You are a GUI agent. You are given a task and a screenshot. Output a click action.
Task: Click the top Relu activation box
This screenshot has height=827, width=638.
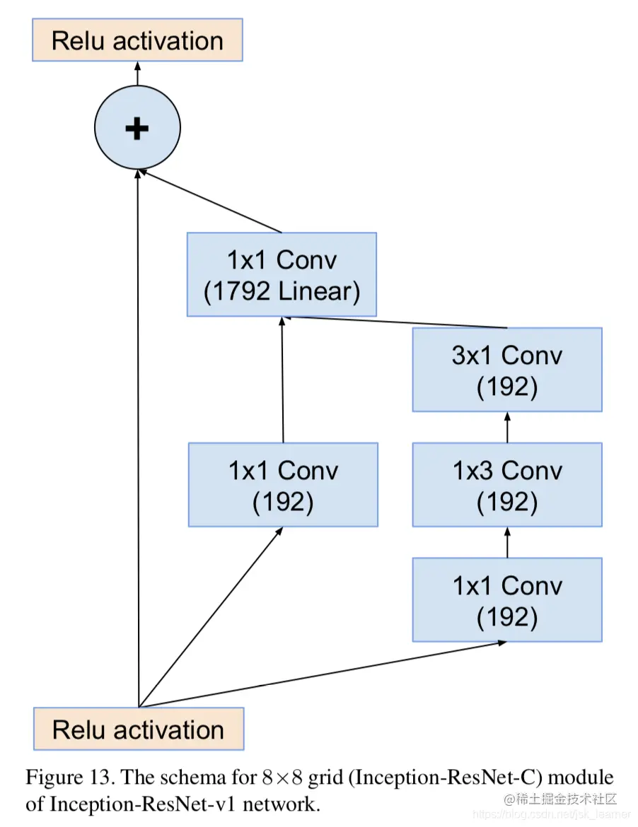(137, 40)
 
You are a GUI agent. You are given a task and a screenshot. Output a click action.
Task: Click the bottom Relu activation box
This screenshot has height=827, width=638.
(139, 729)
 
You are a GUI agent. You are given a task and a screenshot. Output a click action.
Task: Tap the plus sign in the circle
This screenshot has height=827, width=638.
(137, 128)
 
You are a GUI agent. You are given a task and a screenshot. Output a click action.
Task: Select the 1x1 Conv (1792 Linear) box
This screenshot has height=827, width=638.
(282, 274)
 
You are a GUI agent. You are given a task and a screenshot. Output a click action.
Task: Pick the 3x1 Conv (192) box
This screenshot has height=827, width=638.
(507, 370)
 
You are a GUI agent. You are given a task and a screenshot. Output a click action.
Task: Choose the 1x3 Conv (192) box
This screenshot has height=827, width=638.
(507, 485)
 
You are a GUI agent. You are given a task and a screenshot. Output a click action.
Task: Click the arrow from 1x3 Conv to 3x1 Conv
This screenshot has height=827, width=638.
(507, 428)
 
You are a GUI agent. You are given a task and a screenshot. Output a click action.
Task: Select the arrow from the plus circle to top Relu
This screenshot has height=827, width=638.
(137, 73)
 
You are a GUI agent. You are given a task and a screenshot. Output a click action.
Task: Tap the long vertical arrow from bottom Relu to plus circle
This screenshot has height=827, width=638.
(139, 438)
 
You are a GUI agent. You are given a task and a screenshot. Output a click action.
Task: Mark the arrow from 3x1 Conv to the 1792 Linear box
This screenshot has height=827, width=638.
(396, 322)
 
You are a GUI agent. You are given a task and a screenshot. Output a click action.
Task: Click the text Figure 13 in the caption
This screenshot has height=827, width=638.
(69, 778)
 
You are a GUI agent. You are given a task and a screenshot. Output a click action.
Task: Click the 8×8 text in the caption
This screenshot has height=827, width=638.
(283, 778)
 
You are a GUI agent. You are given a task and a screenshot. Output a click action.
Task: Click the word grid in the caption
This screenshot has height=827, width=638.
(332, 778)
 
